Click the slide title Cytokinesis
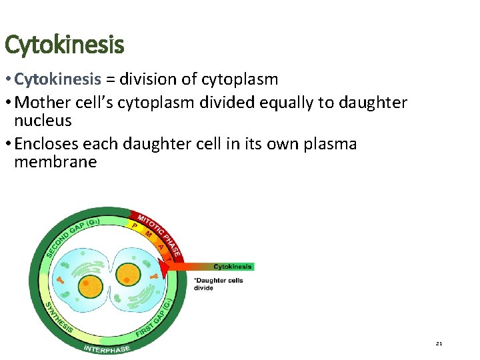pyautogui.click(x=64, y=46)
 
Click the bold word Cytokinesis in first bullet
pyautogui.click(x=57, y=80)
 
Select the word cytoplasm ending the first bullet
pyautogui.click(x=242, y=80)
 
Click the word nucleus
pyautogui.click(x=43, y=121)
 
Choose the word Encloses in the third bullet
pyautogui.click(x=48, y=144)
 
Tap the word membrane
pyautogui.click(x=55, y=162)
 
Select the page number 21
pyautogui.click(x=439, y=344)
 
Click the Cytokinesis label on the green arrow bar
pyautogui.click(x=233, y=267)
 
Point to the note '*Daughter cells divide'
pyautogui.click(x=218, y=284)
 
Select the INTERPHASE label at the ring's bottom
pyautogui.click(x=107, y=348)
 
